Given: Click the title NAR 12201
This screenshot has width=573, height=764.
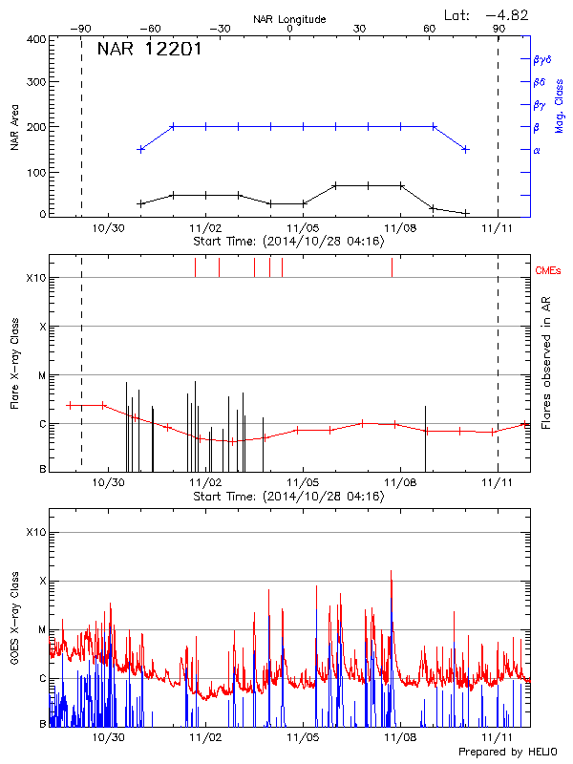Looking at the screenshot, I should click(x=149, y=50).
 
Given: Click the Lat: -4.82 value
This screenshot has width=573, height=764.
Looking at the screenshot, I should click(x=487, y=14).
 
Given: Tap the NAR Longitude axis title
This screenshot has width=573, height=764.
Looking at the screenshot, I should click(x=289, y=18).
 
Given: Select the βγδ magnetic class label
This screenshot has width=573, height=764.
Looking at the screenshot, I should click(x=542, y=59).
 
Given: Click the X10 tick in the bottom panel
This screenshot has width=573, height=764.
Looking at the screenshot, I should click(x=35, y=532).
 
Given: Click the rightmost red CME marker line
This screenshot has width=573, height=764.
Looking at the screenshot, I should click(x=392, y=267).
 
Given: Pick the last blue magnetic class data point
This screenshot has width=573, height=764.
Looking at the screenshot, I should click(x=465, y=149).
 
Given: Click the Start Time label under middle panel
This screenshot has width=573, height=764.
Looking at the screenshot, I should click(x=288, y=497).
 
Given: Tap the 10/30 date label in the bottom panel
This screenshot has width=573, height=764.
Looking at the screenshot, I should click(x=110, y=737).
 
